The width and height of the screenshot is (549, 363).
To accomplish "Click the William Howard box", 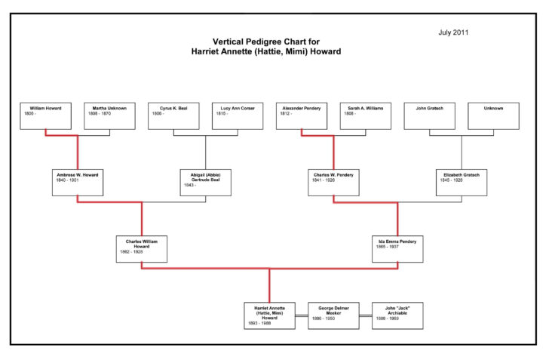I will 46,115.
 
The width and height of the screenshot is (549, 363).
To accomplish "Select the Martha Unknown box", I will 109,115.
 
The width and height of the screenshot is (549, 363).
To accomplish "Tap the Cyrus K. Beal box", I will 173,115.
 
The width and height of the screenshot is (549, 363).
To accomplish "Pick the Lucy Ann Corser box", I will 238,115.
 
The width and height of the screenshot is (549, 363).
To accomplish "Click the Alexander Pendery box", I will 302,115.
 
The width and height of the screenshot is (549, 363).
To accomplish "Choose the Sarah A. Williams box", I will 365,115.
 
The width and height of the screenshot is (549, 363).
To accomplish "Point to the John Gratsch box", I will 429,115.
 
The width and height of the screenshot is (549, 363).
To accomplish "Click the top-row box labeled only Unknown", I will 493,115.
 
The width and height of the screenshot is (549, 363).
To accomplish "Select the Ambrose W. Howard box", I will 78,182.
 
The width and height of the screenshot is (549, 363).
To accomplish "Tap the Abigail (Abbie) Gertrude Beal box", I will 206,182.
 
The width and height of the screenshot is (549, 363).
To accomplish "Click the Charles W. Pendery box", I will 333,182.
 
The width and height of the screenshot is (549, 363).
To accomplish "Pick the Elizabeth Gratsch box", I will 462,182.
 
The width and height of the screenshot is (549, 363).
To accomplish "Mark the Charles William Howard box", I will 142,249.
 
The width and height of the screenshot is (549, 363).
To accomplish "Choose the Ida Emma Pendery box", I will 397,249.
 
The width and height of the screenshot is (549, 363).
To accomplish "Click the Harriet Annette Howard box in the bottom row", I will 269,315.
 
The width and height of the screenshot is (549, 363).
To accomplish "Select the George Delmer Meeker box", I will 333,315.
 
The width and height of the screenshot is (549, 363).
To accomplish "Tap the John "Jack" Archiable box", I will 397,315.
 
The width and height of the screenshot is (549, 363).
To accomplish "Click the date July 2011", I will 454,33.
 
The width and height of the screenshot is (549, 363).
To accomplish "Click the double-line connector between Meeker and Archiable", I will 365,315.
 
